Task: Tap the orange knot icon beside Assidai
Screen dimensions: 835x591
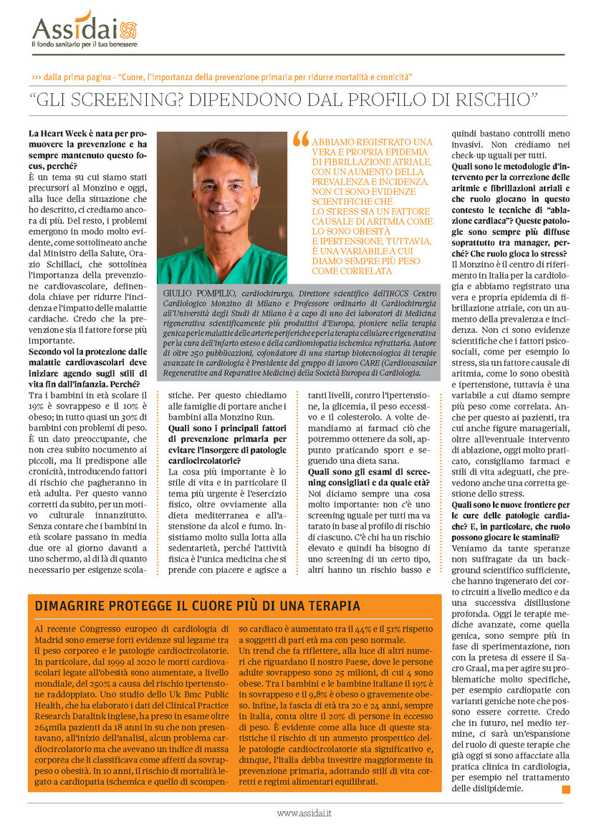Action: point(128,29)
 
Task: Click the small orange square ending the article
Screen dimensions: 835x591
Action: point(566,789)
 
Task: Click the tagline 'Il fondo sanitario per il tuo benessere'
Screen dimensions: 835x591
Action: point(85,44)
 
